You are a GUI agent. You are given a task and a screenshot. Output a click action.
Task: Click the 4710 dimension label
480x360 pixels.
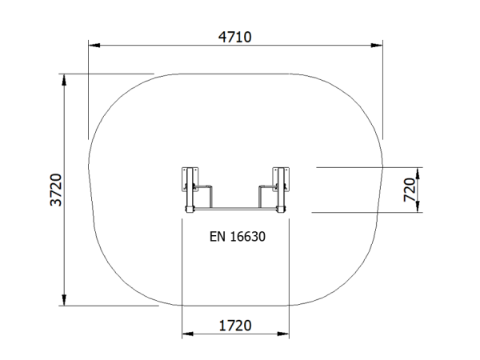click(x=234, y=37)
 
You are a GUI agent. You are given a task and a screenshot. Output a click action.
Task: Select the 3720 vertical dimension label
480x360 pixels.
click(x=56, y=190)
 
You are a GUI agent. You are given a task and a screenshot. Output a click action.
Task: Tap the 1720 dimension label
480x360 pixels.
click(x=235, y=326)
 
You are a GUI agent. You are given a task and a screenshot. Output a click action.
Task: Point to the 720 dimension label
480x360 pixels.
click(x=410, y=190)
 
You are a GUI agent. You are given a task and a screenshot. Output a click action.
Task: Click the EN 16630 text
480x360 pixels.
click(x=238, y=237)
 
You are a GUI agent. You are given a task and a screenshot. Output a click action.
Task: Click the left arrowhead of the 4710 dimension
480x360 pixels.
click(x=94, y=46)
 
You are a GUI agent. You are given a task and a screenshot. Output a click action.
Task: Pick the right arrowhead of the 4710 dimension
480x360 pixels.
click(x=377, y=46)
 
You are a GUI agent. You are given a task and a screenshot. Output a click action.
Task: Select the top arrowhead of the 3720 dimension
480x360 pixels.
click(x=64, y=79)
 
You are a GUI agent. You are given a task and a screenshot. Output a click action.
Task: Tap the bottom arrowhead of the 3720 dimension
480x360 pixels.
click(x=64, y=300)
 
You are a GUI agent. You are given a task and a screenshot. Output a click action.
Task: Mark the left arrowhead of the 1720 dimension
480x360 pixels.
click(x=188, y=334)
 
